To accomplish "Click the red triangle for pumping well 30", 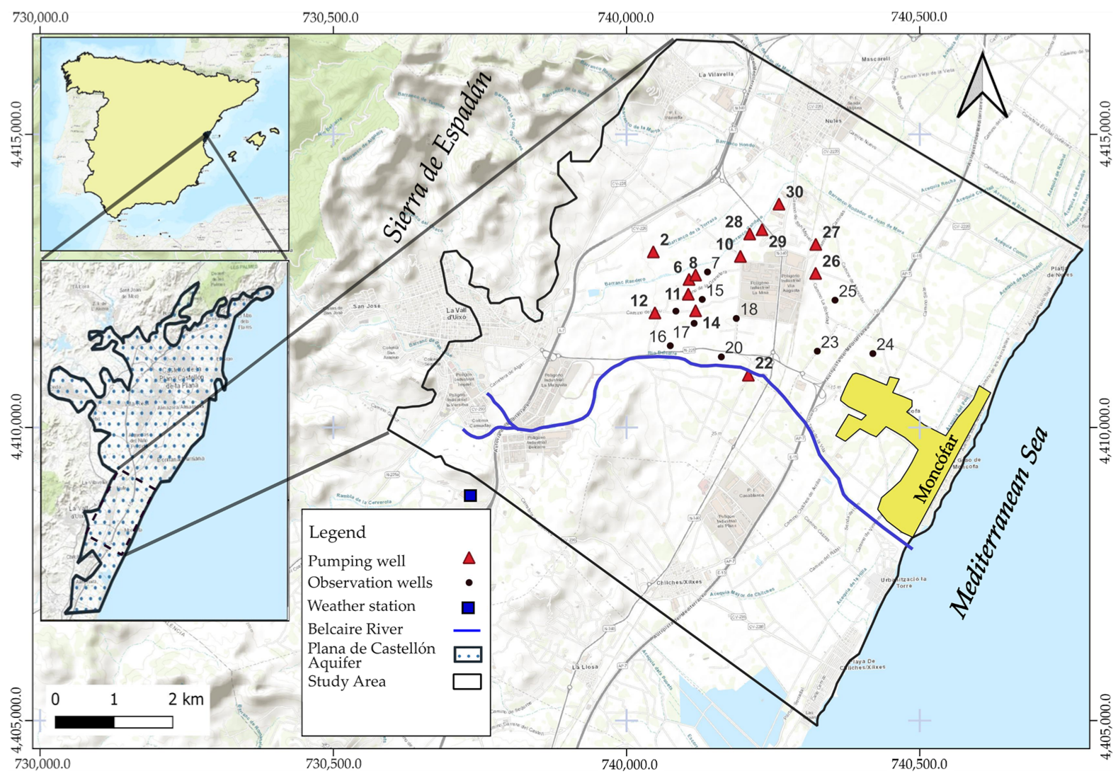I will [779, 205].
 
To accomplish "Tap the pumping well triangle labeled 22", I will [748, 377].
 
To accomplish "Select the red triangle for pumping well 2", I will [654, 253].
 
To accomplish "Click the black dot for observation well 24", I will [872, 353].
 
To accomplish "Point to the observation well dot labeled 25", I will [835, 300].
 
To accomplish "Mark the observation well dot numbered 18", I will [736, 319].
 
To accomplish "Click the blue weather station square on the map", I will [470, 496].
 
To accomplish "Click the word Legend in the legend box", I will [337, 532].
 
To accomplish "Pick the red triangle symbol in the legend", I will [468, 559].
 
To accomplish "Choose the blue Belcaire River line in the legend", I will [467, 629].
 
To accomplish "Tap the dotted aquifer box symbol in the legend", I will [467, 654].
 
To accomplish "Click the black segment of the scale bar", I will [84, 722].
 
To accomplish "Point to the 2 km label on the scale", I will [186, 699].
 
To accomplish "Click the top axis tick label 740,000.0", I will [626, 17].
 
